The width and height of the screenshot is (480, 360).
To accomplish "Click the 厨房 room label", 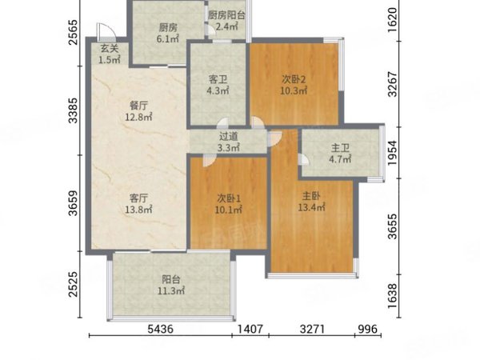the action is pos(168,28).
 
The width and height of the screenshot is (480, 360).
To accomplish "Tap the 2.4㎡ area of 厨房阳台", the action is pos(227,26).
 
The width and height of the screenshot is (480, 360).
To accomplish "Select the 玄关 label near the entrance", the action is pos(110,48).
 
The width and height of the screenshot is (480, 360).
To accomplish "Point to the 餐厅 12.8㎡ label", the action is pos(138,111).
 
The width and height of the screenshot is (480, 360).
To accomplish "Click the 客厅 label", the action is pos(138,198).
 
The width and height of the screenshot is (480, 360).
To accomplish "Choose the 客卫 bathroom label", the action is pos(218,79).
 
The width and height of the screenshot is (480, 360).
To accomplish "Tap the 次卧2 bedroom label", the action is pos(294,79).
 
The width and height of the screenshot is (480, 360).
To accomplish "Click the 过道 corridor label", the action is pos(228,137).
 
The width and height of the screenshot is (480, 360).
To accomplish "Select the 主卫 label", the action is pos(340,148).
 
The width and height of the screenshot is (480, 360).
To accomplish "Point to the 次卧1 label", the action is pos(229,198).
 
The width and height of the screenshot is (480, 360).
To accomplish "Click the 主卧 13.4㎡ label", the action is pos(312,202).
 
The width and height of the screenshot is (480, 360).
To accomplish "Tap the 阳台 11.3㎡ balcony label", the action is pos(171,285).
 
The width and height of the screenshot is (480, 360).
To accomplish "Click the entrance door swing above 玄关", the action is pos(106,30).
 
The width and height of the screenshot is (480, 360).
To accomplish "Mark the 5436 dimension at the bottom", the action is pos(161,329).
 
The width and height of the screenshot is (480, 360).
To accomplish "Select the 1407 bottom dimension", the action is pos(250,329).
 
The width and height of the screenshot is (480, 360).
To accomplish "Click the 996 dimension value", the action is pos(368,329).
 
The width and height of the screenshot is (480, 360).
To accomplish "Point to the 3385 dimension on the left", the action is pos(73,110).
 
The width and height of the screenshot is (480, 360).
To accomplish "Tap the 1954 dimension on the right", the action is pos(392,153).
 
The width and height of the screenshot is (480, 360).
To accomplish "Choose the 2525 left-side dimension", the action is pos(73,284).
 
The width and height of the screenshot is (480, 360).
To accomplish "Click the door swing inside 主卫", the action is pos(304,159).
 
